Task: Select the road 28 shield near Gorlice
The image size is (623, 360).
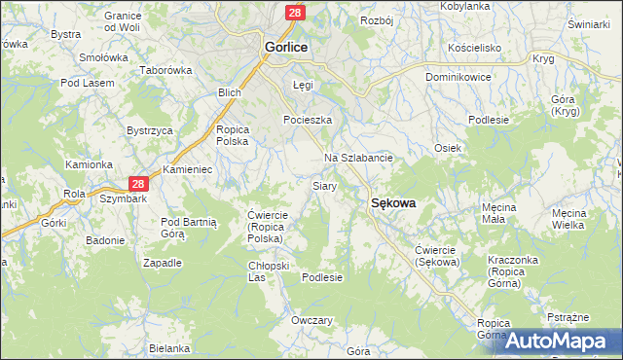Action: pos(295,12)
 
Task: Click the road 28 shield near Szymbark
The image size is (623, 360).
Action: pos(138,183)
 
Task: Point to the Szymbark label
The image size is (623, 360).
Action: pos(122,198)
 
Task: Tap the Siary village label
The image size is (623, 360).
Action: pos(324,185)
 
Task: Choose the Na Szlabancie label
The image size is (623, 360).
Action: pos(357,158)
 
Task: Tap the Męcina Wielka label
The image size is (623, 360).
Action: pos(568,218)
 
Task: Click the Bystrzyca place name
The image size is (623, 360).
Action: pos(150,129)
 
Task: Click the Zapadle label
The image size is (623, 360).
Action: pos(163,263)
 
